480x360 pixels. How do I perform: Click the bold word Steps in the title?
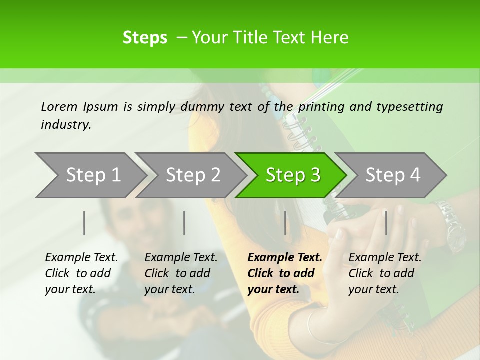coord(145,38)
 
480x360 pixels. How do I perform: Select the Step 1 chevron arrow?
coord(90,175)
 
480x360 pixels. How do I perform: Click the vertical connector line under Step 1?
coord(84,223)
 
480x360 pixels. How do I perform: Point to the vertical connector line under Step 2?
coord(184,223)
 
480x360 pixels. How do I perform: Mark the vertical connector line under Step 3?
coord(285,223)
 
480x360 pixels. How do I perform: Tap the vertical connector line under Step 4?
coord(386,223)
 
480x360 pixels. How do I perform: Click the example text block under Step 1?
coord(81,273)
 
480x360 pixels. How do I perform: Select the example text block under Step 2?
coord(181,273)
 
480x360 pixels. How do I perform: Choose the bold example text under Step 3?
coord(285,273)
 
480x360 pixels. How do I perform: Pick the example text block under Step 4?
coord(385,273)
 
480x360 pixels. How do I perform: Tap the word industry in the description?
coord(66,125)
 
